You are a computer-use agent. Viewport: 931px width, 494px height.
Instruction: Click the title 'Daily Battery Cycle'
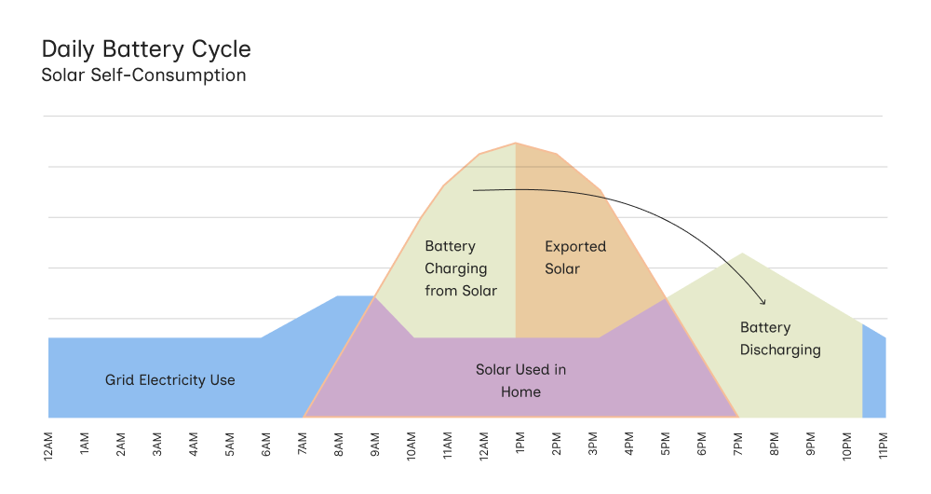(146, 48)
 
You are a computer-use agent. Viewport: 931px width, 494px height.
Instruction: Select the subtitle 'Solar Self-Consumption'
(143, 75)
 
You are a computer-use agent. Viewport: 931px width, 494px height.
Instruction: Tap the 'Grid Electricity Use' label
(169, 380)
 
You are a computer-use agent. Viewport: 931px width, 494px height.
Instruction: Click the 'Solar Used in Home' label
(520, 380)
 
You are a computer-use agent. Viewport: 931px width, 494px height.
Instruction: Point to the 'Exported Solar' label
(574, 258)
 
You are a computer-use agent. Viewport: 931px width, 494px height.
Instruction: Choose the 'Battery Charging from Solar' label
(461, 268)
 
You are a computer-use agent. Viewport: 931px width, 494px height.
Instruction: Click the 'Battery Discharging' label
(780, 338)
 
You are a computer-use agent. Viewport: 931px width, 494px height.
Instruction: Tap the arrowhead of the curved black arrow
(763, 301)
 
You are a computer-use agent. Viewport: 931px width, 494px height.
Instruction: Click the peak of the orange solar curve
(516, 144)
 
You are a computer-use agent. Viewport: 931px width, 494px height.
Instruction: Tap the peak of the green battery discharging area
(742, 254)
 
